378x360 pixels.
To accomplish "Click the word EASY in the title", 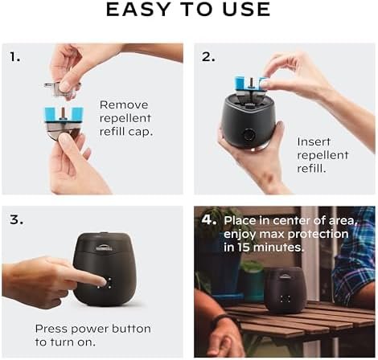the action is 138,10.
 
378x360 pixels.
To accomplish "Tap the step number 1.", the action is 15,57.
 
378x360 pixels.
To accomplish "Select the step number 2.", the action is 208,57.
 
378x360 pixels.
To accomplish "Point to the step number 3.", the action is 16,219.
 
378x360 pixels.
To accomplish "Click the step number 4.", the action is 209,220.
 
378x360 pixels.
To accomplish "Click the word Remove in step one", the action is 124,104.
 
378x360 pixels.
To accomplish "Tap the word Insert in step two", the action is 314,141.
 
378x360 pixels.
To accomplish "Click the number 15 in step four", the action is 244,247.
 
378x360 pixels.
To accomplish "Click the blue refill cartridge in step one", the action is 64,115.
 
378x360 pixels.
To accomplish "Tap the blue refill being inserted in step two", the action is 250,83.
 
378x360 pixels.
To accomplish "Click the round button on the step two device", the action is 249,135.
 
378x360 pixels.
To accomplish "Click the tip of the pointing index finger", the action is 105,281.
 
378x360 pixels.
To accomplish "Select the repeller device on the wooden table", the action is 285,290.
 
